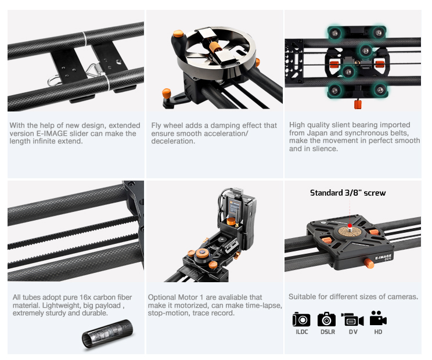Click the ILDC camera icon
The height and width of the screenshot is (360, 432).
pos(301,319)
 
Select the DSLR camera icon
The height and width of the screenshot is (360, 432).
pos(326,319)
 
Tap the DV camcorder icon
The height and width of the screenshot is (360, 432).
pos(352,319)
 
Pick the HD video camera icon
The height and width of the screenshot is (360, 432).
pos(378,318)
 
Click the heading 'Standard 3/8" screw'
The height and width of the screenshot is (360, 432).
pos(348,193)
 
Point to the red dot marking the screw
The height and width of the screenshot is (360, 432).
pos(350,226)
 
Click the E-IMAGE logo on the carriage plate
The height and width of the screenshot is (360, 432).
pos(383,257)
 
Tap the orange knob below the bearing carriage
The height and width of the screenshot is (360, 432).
pos(358,105)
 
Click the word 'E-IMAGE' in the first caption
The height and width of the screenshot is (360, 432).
pos(52,134)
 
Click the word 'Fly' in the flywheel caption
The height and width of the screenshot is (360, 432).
pos(156,125)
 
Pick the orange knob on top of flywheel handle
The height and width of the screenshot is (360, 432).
pos(178,34)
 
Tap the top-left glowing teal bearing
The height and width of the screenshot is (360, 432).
pos(335,33)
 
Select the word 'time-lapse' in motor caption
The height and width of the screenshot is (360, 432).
pos(265,305)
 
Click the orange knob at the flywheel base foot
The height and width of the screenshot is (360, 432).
pos(167,93)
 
